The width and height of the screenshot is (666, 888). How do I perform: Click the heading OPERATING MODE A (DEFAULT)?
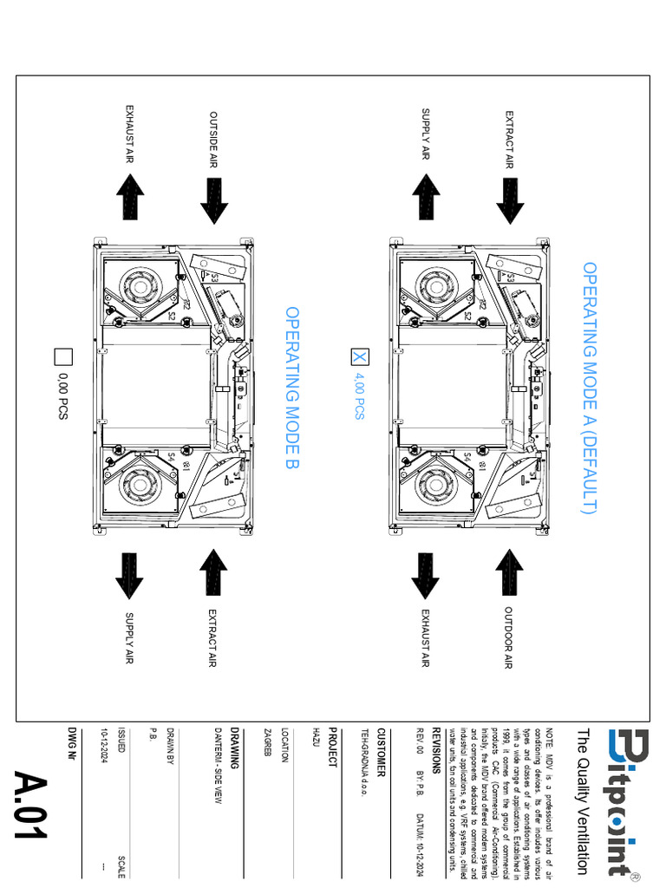tap(590, 388)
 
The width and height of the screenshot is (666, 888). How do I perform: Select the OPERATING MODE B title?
tap(292, 388)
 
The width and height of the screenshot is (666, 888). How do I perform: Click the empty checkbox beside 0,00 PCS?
tap(63, 356)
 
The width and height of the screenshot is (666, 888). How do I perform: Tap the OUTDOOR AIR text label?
tap(509, 637)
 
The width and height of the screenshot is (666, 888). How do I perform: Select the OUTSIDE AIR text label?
tap(212, 139)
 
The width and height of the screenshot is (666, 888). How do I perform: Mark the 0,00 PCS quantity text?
tap(63, 395)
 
